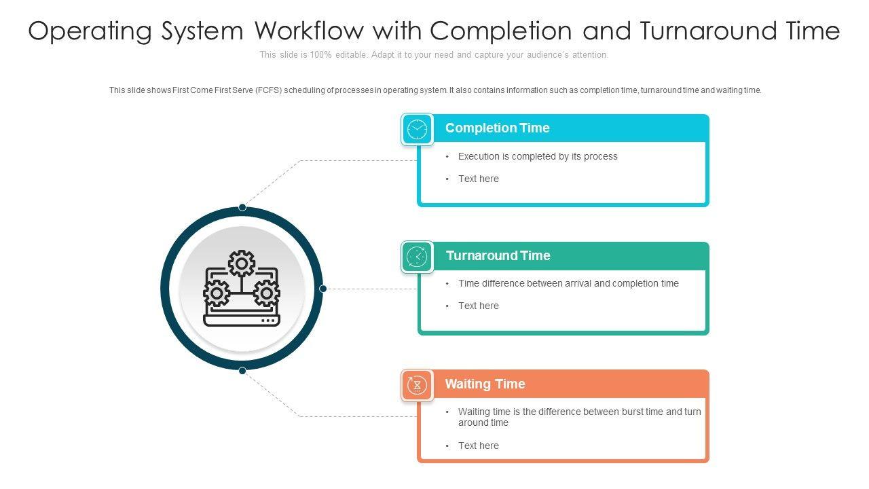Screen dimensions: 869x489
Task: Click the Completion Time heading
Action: click(x=497, y=128)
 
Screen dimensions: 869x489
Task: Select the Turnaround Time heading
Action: click(x=498, y=256)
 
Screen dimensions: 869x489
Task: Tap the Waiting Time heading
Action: click(x=485, y=384)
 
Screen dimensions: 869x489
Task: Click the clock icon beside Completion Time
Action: click(x=417, y=129)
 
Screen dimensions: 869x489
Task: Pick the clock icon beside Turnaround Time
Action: click(x=417, y=257)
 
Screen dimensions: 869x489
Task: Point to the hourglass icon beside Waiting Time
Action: click(x=417, y=385)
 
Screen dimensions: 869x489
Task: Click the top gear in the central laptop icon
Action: click(x=241, y=264)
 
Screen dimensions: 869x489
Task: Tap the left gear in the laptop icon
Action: click(x=217, y=293)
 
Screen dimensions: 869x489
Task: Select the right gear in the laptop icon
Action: click(x=266, y=293)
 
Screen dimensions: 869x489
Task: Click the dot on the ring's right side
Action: click(x=323, y=289)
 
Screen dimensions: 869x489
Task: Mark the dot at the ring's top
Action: click(x=242, y=208)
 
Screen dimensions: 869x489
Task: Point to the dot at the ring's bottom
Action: click(x=242, y=370)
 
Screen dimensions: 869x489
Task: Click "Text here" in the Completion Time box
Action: click(x=478, y=179)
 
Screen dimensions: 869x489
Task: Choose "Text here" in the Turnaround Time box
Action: click(x=478, y=306)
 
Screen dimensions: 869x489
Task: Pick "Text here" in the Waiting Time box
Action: click(x=478, y=446)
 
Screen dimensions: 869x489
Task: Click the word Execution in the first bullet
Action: click(x=479, y=157)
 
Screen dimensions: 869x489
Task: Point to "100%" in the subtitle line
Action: click(x=321, y=55)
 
